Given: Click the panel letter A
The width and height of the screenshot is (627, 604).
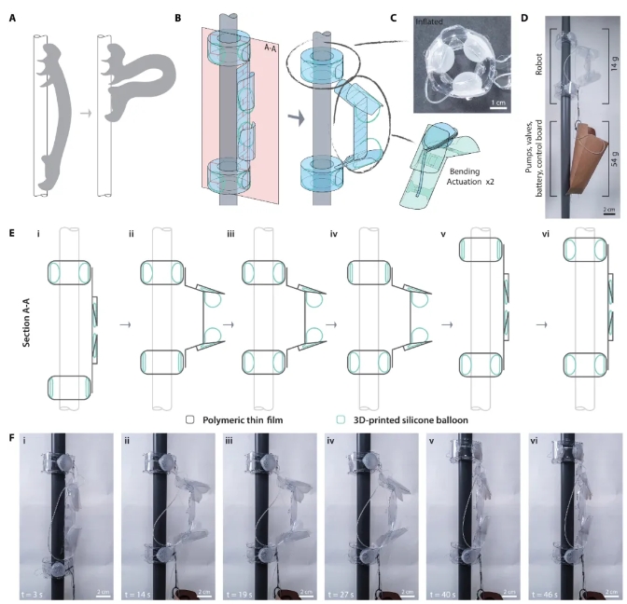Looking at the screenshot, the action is (12, 18).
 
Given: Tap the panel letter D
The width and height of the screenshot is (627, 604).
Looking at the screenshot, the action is (524, 18).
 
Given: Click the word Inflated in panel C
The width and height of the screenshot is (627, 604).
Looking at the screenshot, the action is (429, 21).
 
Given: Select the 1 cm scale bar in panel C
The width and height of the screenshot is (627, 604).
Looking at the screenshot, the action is (498, 107).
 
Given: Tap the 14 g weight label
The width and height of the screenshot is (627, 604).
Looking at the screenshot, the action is (615, 64).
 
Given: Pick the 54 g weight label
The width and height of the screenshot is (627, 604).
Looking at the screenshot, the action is (615, 158).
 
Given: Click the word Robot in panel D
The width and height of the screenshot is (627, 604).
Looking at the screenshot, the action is (539, 64).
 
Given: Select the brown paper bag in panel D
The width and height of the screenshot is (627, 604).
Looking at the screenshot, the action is (587, 158).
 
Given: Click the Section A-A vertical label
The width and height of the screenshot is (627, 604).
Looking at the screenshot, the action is (27, 324).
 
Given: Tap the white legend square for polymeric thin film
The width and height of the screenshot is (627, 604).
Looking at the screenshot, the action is (190, 419).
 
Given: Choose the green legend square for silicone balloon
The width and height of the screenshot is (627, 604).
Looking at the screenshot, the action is (341, 419).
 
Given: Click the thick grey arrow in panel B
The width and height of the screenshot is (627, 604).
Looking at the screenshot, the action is (297, 118).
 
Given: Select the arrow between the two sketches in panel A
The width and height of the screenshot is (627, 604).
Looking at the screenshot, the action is (86, 114).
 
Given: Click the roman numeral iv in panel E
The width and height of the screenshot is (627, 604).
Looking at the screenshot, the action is (333, 234).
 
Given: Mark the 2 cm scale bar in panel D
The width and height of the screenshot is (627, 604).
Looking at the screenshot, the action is (609, 213).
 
